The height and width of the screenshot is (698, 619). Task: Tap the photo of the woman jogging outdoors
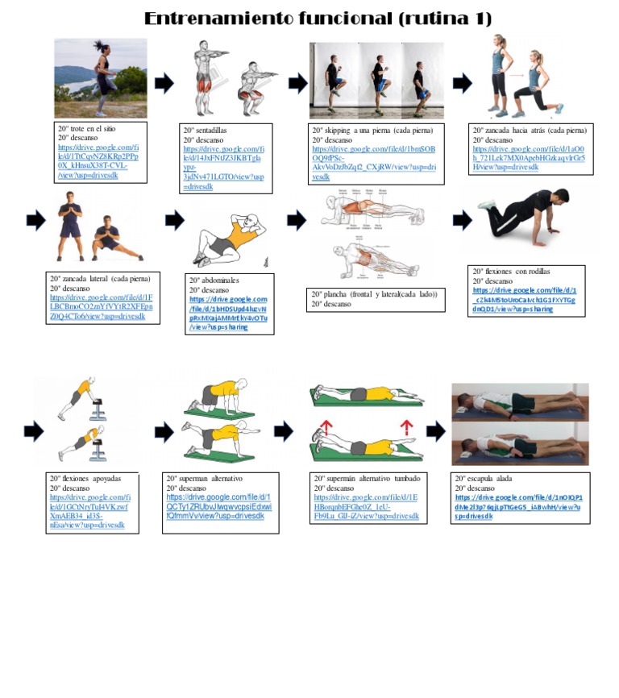(x=101, y=78)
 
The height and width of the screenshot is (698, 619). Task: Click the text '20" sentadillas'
(x=206, y=130)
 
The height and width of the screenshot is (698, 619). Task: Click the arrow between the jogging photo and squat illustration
(x=164, y=82)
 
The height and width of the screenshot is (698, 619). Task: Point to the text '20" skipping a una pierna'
(x=372, y=130)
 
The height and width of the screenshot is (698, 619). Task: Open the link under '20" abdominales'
(x=229, y=314)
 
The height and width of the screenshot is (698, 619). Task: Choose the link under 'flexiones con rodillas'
(x=525, y=300)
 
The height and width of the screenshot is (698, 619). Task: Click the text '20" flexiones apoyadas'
(x=85, y=478)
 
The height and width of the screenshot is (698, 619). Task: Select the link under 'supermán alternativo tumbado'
(x=366, y=506)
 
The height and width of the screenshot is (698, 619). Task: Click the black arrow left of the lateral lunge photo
(x=35, y=219)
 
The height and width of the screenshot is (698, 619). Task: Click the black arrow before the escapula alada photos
(x=435, y=431)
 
